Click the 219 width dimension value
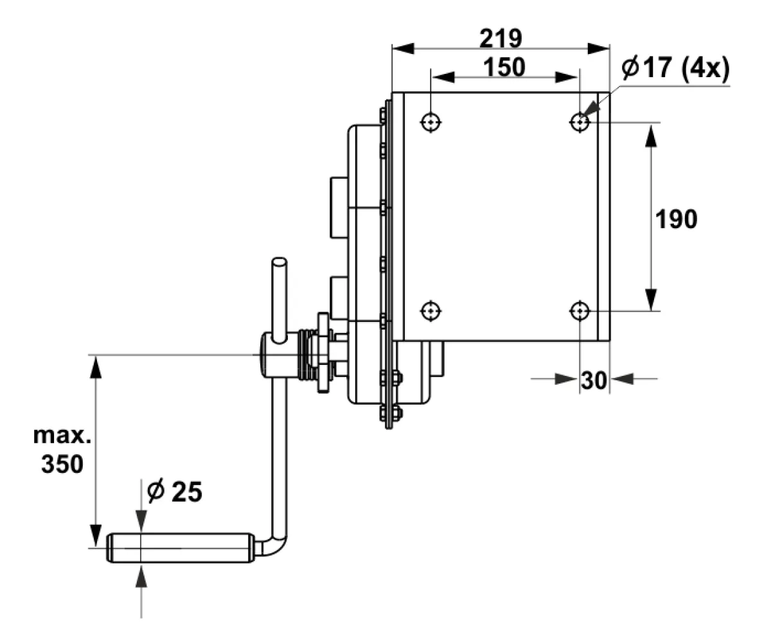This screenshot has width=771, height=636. click(x=501, y=38)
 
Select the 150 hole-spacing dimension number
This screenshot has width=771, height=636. click(x=504, y=67)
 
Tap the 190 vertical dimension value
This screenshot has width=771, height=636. click(x=676, y=219)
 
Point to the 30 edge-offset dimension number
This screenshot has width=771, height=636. click(x=594, y=380)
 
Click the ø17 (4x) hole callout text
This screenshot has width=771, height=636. click(x=675, y=69)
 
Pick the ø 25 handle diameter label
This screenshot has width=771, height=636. click(x=174, y=491)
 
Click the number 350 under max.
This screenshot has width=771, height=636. click(x=62, y=464)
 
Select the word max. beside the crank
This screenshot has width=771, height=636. click(x=62, y=436)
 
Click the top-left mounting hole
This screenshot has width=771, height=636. click(x=430, y=122)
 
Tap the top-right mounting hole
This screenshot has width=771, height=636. click(x=580, y=122)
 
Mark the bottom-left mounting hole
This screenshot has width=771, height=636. click(x=430, y=311)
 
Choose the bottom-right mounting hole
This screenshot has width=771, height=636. click(x=580, y=311)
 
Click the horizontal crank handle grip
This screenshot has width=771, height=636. click(x=181, y=548)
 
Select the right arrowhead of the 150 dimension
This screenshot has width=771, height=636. click(x=566, y=77)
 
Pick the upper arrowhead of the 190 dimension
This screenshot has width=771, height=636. click(x=651, y=136)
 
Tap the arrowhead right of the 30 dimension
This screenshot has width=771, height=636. click(x=622, y=378)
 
